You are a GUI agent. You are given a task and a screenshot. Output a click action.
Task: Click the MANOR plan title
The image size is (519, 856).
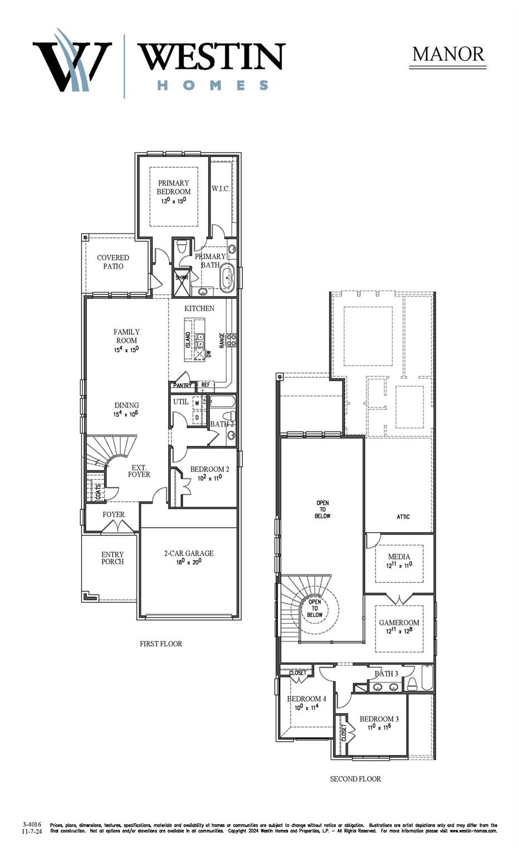click(448, 54)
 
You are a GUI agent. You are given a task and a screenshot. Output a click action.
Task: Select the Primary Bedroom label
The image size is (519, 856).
click(174, 187)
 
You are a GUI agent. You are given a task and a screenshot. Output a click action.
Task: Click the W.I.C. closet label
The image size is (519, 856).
click(221, 189)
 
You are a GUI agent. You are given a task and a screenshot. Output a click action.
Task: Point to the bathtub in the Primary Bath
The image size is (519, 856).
click(227, 279)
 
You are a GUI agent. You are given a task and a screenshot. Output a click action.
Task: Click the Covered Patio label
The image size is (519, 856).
click(113, 262)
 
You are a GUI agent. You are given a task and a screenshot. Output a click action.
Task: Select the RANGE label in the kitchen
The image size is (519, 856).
click(222, 341)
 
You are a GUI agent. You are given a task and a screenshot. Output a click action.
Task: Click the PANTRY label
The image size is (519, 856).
click(183, 385)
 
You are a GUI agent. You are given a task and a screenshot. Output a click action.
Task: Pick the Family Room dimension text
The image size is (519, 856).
click(126, 349)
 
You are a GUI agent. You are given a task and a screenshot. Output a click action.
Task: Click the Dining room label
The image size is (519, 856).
click(127, 405)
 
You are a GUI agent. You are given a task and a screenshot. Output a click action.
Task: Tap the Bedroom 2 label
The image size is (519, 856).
click(209, 469)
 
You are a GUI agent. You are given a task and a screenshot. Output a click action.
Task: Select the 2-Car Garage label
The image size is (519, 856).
click(189, 553)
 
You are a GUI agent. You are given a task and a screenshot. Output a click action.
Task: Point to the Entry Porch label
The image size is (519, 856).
click(112, 558)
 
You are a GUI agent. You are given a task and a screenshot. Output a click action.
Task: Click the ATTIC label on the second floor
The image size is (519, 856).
click(403, 517)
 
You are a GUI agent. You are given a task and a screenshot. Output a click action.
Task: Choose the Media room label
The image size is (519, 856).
click(399, 557)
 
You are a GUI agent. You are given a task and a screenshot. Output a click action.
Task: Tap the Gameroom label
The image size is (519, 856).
click(399, 622)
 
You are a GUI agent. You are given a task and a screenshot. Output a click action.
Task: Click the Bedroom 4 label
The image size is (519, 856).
click(306, 699)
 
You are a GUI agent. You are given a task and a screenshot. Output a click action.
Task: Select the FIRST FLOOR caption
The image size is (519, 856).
click(161, 644)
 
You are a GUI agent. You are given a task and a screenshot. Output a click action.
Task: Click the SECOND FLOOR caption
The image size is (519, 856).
click(355, 779)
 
